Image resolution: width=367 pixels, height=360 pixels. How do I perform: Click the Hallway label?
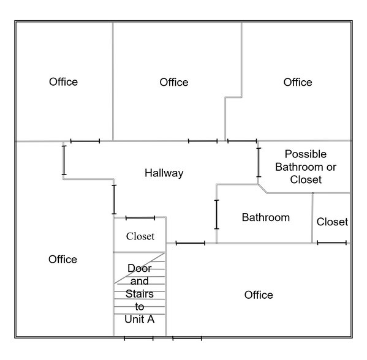(x=164, y=173)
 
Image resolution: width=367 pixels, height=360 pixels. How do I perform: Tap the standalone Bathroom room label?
(x=266, y=217)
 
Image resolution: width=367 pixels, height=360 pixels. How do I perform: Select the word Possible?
(x=306, y=154)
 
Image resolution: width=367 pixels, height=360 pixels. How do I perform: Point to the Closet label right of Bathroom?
(x=332, y=222)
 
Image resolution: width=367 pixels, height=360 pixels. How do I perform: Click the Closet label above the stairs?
(x=140, y=236)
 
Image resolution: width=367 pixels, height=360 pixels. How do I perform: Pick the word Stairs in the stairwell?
(x=140, y=294)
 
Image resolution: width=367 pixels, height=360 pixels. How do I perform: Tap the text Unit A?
(x=140, y=319)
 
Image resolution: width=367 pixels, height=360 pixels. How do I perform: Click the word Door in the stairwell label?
(x=140, y=268)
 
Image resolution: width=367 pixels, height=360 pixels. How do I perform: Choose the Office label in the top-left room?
(x=63, y=82)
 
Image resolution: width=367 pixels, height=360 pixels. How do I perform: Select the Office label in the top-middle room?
(x=174, y=82)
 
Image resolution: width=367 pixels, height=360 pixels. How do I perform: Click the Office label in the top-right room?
(x=298, y=82)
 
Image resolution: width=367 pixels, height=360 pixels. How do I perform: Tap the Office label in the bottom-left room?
(x=62, y=260)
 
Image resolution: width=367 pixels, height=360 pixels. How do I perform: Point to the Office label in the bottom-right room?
(x=259, y=295)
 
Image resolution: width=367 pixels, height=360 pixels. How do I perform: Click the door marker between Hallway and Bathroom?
(x=217, y=214)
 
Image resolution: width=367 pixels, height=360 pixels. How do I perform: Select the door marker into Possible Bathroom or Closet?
(x=259, y=163)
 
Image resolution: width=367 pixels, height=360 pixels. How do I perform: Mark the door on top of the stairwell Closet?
(x=140, y=218)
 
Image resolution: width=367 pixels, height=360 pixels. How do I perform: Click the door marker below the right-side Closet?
(x=331, y=243)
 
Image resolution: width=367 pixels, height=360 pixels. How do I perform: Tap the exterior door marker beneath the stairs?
(x=138, y=338)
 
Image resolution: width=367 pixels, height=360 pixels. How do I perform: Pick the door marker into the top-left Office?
(x=85, y=141)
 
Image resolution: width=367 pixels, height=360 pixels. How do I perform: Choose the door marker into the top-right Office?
(x=242, y=141)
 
